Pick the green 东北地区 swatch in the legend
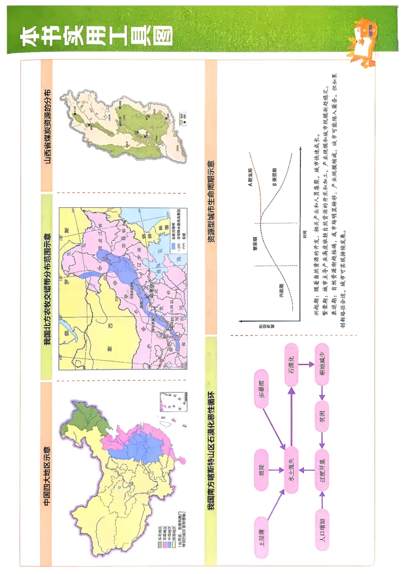point(159,542)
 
